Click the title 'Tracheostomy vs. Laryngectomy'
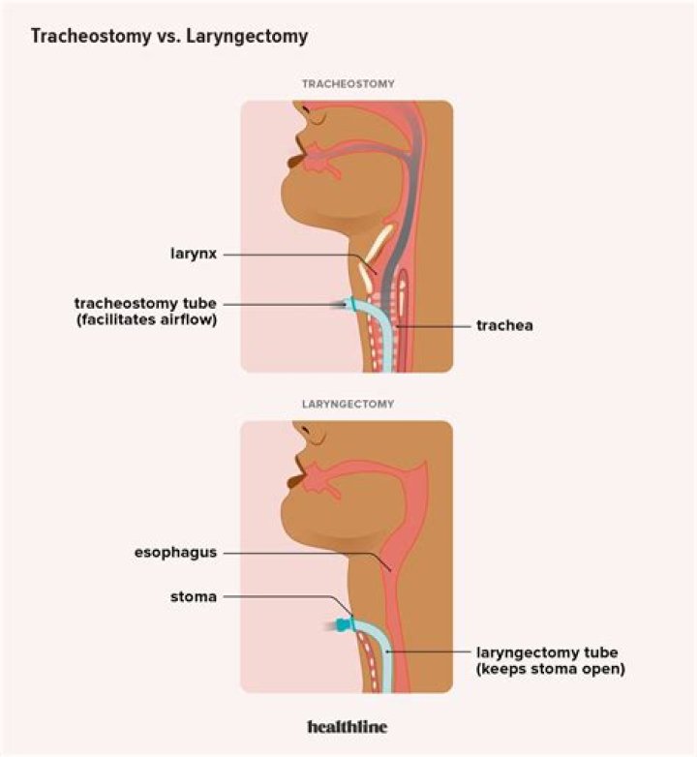click(x=170, y=37)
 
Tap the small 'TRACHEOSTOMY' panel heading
click(x=348, y=84)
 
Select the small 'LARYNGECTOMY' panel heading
click(x=348, y=403)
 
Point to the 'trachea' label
click(x=504, y=326)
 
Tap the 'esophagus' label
click(x=175, y=553)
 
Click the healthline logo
click(x=347, y=726)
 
